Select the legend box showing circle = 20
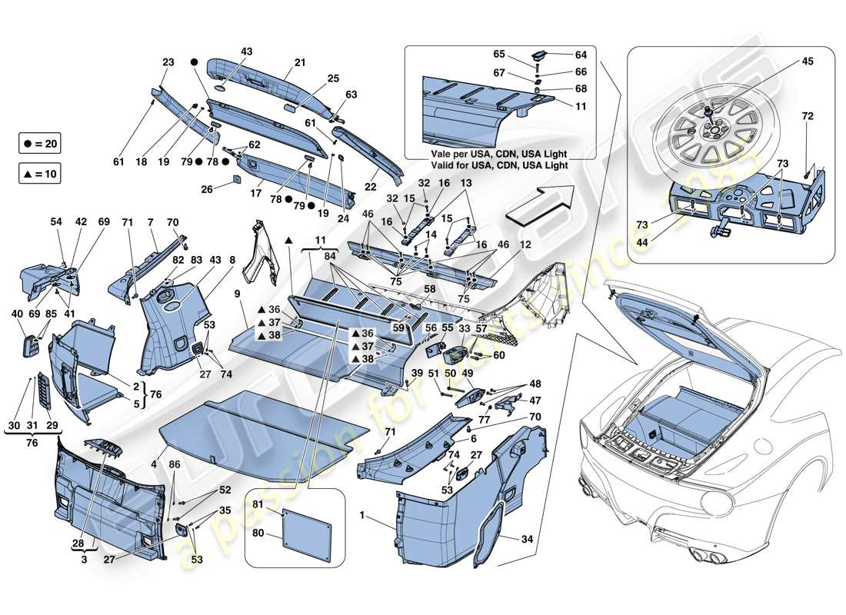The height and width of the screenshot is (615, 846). pyautogui.click(x=39, y=144)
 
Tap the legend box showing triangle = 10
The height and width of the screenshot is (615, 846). pyautogui.click(x=39, y=175)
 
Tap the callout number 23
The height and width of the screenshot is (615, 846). pyautogui.click(x=168, y=62)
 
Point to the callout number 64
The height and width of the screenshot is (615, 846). pyautogui.click(x=580, y=55)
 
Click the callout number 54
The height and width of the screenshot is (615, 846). pyautogui.click(x=55, y=221)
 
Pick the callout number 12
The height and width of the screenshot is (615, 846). pyautogui.click(x=527, y=244)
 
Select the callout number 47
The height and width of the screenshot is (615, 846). pyautogui.click(x=535, y=401)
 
